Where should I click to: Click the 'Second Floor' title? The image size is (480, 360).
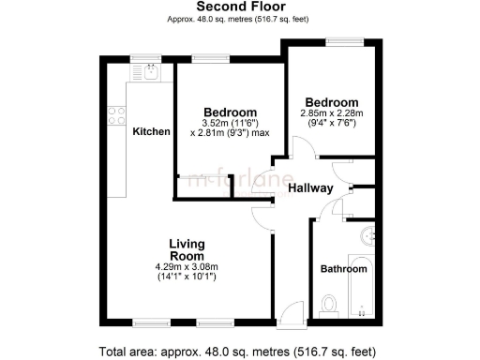(x=240, y=7)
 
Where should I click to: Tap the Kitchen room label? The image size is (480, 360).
(x=151, y=131)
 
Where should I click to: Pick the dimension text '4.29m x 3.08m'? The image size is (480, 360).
(x=187, y=267)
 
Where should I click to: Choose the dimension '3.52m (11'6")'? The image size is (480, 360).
(x=230, y=123)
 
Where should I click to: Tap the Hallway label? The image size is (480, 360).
(x=310, y=188)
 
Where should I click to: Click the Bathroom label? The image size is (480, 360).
(x=344, y=269)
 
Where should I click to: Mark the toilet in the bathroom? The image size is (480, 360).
(x=328, y=303)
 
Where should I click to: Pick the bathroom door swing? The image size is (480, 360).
(x=339, y=208)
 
